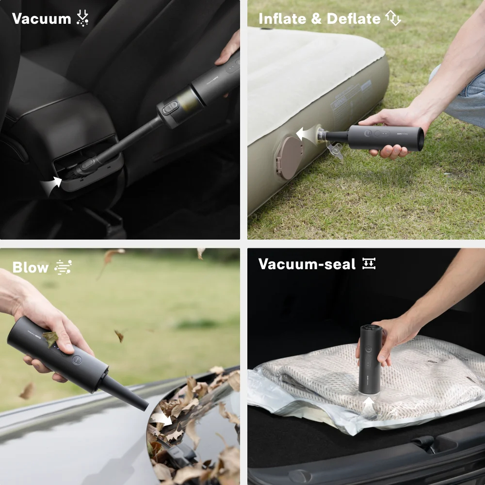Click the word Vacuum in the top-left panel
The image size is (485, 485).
(41, 19)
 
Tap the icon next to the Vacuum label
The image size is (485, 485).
(83, 18)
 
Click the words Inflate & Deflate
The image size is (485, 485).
(319, 19)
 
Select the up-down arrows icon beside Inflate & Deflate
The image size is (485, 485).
(393, 18)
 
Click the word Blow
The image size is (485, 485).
(31, 268)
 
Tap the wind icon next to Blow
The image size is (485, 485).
(63, 267)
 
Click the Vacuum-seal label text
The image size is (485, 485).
(307, 264)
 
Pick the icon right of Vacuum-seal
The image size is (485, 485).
(369, 264)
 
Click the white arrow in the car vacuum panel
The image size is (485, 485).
(52, 184)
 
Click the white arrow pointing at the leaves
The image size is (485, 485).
(161, 417)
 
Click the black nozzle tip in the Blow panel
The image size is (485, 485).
(141, 403)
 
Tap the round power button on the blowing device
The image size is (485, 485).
(77, 359)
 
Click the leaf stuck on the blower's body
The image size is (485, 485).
(49, 338)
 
